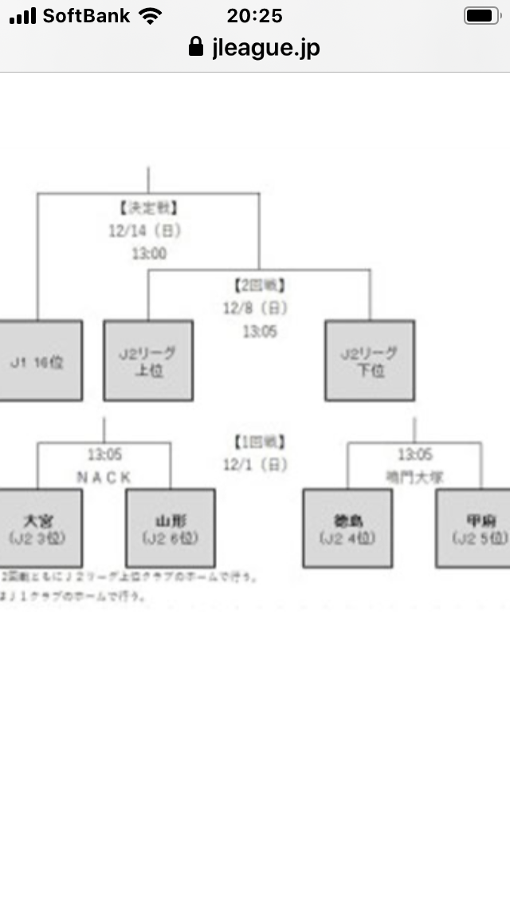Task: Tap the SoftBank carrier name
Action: [x=87, y=16]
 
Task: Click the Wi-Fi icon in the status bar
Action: [x=149, y=16]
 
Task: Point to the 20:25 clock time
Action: [x=255, y=16]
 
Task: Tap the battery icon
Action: [x=481, y=16]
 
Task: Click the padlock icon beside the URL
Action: [x=196, y=47]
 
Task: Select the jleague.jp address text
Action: [x=266, y=48]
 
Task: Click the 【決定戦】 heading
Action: [x=148, y=209]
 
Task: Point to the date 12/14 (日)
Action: [x=145, y=231]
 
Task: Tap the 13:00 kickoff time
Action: [x=149, y=254]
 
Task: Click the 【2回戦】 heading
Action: [x=260, y=285]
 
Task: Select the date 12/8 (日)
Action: [x=255, y=308]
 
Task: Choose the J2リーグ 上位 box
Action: [x=148, y=361]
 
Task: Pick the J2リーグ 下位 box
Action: [x=369, y=361]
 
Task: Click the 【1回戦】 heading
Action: [x=260, y=441]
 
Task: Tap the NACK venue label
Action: [x=104, y=477]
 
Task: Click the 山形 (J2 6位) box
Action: [x=170, y=529]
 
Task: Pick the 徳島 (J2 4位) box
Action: [x=347, y=529]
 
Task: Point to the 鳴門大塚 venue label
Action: [x=414, y=477]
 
